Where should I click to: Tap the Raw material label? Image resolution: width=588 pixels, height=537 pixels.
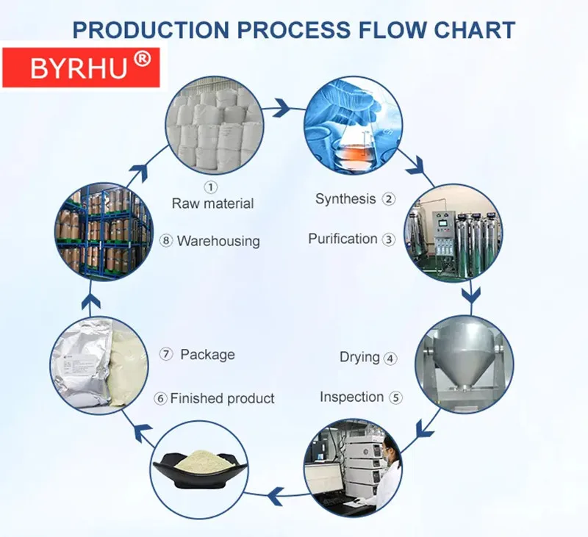point(212,203)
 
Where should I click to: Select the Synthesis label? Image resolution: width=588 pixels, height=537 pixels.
point(345,199)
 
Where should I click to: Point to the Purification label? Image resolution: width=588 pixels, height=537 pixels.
point(343,239)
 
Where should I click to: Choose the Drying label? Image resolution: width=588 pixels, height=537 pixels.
point(359,358)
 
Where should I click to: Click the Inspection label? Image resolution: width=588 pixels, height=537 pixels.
point(351,397)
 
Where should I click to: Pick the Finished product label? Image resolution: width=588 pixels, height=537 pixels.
point(222,399)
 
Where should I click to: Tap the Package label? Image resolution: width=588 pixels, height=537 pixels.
point(207,355)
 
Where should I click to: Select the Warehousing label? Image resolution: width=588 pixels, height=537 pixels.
point(218,241)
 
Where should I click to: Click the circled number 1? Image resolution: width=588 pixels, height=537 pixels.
point(212,187)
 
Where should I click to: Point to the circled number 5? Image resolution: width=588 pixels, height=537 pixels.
point(396,398)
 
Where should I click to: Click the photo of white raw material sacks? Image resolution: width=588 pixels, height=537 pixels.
point(213,125)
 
